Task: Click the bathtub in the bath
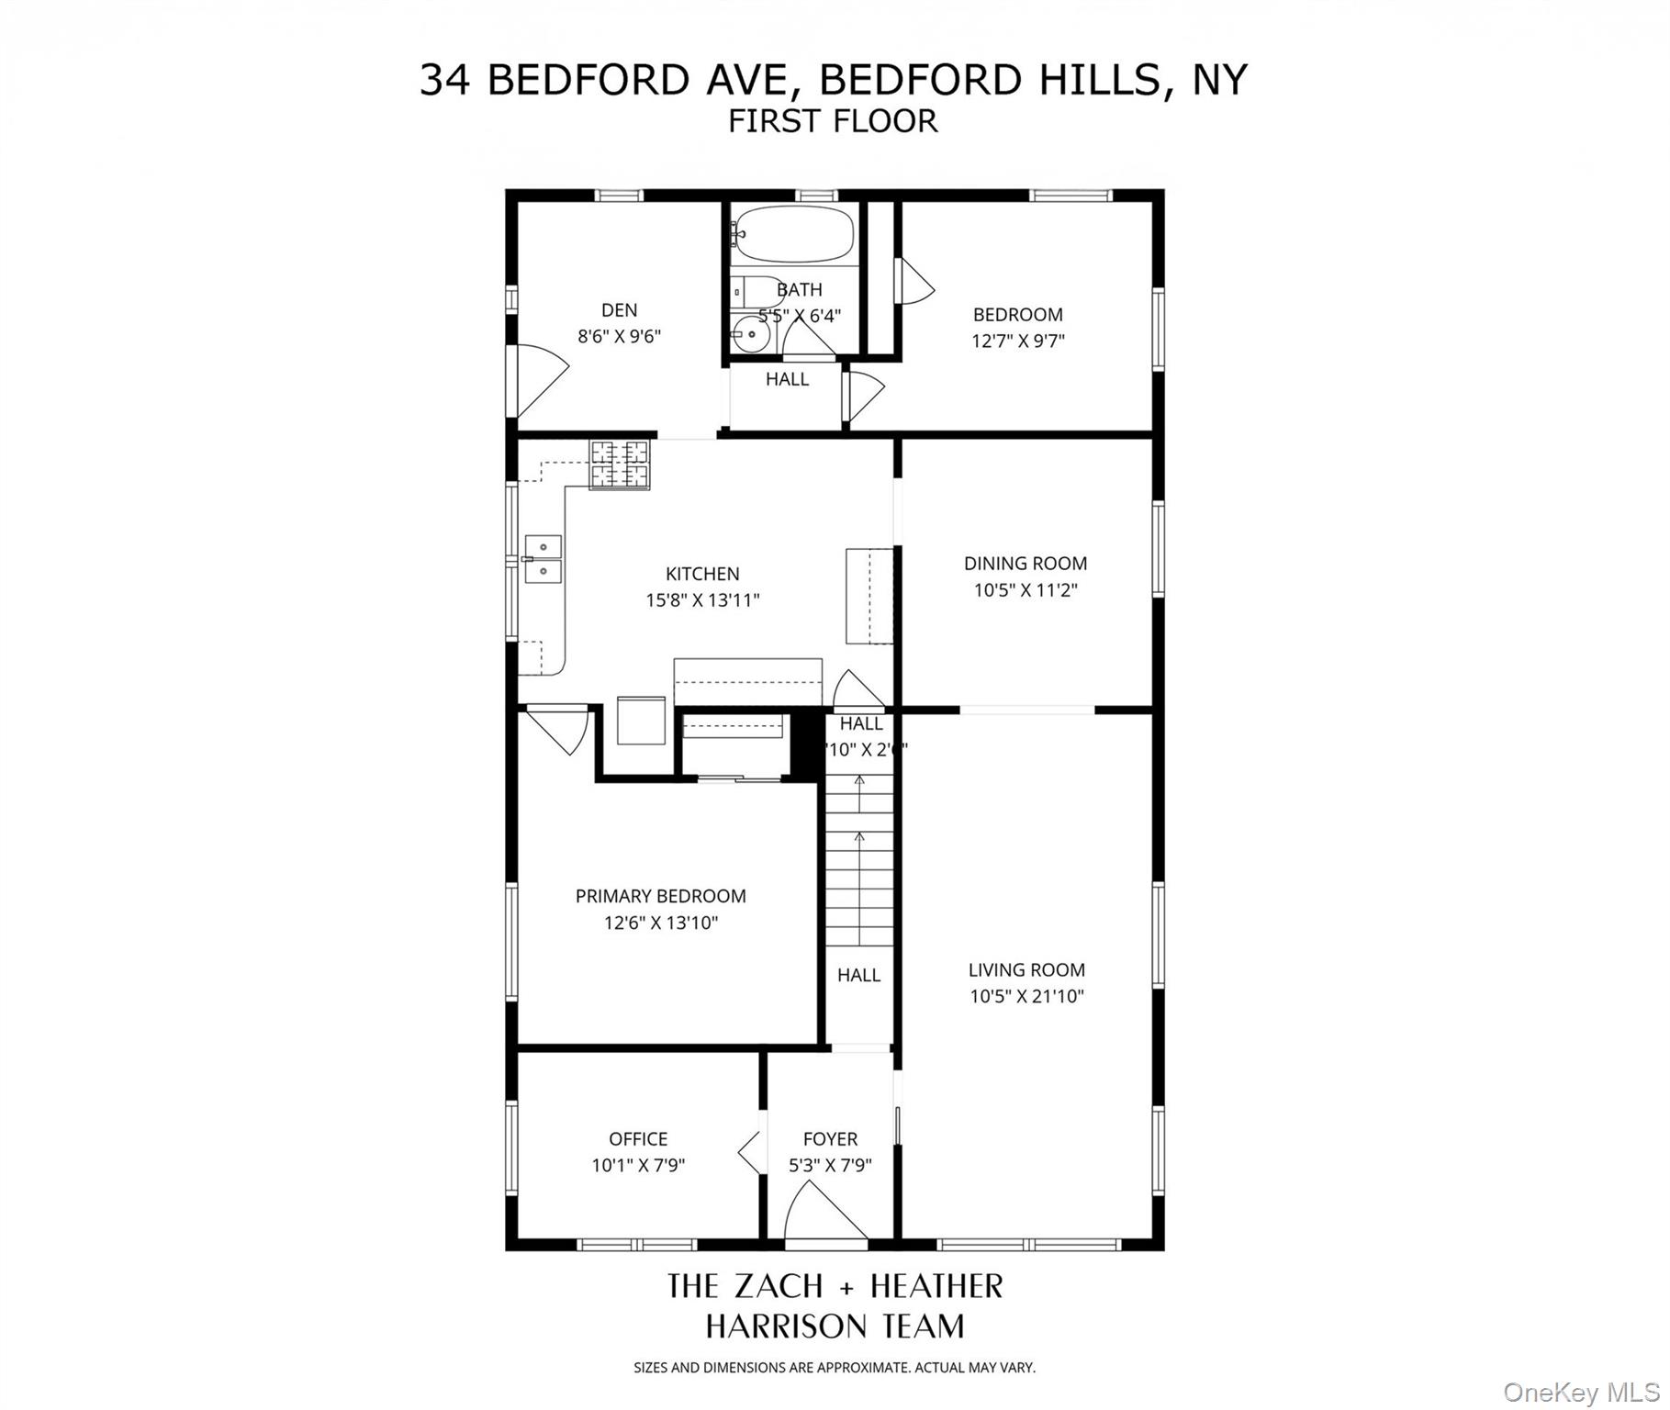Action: [795, 235]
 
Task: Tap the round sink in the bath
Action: [752, 335]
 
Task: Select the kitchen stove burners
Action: [619, 464]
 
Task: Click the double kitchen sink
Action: [543, 559]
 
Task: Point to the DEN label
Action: [619, 310]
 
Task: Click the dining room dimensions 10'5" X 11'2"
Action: [1025, 590]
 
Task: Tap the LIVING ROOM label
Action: [1026, 969]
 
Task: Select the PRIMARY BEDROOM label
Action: [660, 896]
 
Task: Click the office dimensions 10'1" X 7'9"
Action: [638, 1166]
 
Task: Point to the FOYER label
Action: [830, 1139]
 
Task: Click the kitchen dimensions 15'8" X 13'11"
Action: [702, 600]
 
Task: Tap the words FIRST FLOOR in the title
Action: [833, 121]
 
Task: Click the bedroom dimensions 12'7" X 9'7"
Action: [1017, 341]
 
